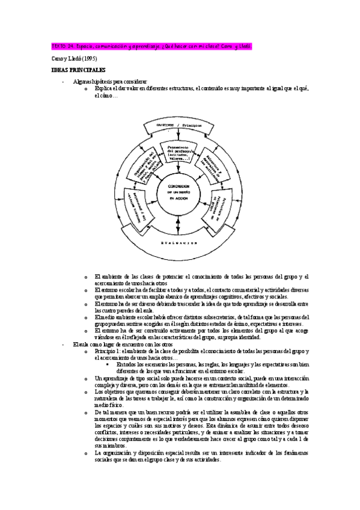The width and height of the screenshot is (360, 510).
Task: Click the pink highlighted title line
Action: [148, 46]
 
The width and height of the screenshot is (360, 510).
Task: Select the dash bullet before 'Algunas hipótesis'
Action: [64, 81]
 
